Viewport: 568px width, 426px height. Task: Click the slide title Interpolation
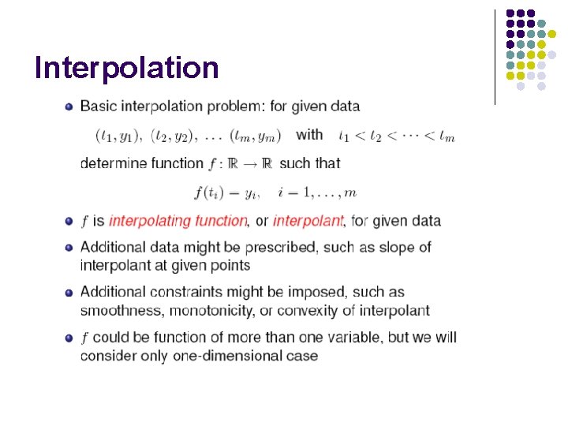point(126,69)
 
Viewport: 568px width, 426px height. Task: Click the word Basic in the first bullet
point(99,106)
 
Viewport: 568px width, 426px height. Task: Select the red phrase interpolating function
point(177,221)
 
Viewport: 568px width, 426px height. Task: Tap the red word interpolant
point(308,221)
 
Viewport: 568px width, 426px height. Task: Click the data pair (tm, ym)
point(257,136)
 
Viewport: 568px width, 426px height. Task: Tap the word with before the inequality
point(309,134)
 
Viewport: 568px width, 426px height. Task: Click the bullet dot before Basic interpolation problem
point(69,106)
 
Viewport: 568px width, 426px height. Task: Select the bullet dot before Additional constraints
point(69,293)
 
